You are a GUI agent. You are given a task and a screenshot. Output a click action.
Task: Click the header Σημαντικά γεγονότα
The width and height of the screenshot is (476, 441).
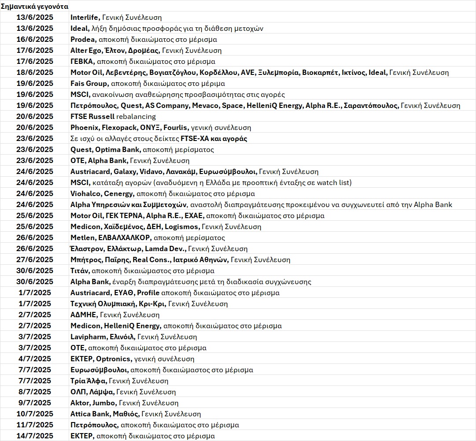[34, 6]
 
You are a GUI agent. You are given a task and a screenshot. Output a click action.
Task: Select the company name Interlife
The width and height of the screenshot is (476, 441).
[85, 18]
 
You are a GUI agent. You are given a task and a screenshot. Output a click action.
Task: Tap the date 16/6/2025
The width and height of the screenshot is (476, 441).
[34, 40]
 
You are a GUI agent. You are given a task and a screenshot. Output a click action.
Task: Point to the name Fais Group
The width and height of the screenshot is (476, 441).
[89, 84]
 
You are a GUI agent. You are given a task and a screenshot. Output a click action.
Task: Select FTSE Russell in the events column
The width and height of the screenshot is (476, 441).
[92, 117]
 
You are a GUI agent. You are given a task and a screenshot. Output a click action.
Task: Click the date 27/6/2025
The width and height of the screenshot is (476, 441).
[34, 260]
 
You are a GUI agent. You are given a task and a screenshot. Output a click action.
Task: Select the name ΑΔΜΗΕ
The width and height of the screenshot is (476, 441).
[84, 315]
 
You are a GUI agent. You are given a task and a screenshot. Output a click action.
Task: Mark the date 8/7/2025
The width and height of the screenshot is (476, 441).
[34, 392]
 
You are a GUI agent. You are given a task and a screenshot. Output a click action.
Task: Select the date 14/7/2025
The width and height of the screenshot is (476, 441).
[34, 436]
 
